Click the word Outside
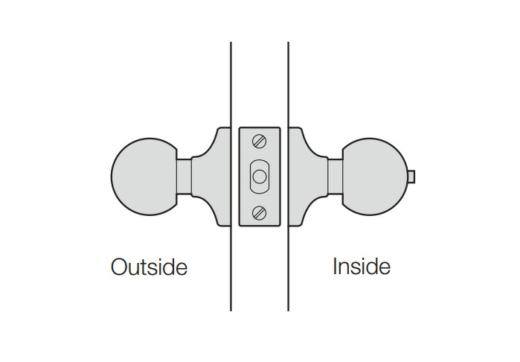150,267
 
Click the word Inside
362,267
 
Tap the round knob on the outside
144,177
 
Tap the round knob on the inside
375,177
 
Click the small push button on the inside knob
411,177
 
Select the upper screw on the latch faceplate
260,141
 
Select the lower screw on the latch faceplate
260,212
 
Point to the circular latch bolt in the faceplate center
260,177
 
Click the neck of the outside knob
184,177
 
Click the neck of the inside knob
335,177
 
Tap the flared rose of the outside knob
211,177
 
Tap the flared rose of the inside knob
308,177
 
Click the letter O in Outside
119,267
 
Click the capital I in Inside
335,267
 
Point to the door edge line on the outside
231,177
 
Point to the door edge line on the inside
288,177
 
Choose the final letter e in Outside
182,270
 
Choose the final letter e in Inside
385,269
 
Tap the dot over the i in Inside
362,258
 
